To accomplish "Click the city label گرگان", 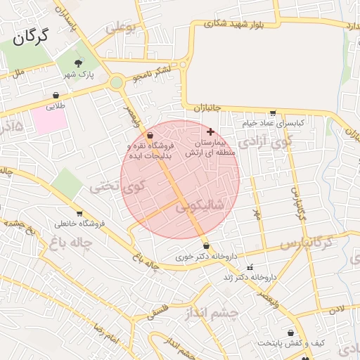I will click(x=30, y=37).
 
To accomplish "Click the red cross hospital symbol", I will click(x=210, y=131).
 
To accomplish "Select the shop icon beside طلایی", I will click(x=56, y=96).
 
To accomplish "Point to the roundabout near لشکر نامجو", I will click(x=116, y=82).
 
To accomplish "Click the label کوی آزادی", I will click(x=263, y=142).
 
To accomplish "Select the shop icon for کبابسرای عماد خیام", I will click(x=273, y=112).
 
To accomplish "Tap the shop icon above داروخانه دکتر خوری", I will click(x=206, y=246).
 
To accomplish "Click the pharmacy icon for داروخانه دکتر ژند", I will click(x=250, y=267).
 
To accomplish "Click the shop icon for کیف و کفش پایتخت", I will click(x=290, y=333).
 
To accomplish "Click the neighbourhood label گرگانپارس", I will click(x=306, y=244).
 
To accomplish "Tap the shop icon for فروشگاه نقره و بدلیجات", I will click(x=150, y=136).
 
